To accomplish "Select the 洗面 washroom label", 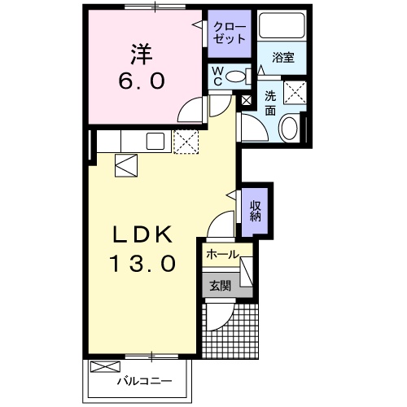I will pyautogui.click(x=270, y=101).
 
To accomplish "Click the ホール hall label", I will pyautogui.click(x=221, y=255).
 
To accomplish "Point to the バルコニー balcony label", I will pyautogui.click(x=143, y=380).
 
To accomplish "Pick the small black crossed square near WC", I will pyautogui.click(x=247, y=100).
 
